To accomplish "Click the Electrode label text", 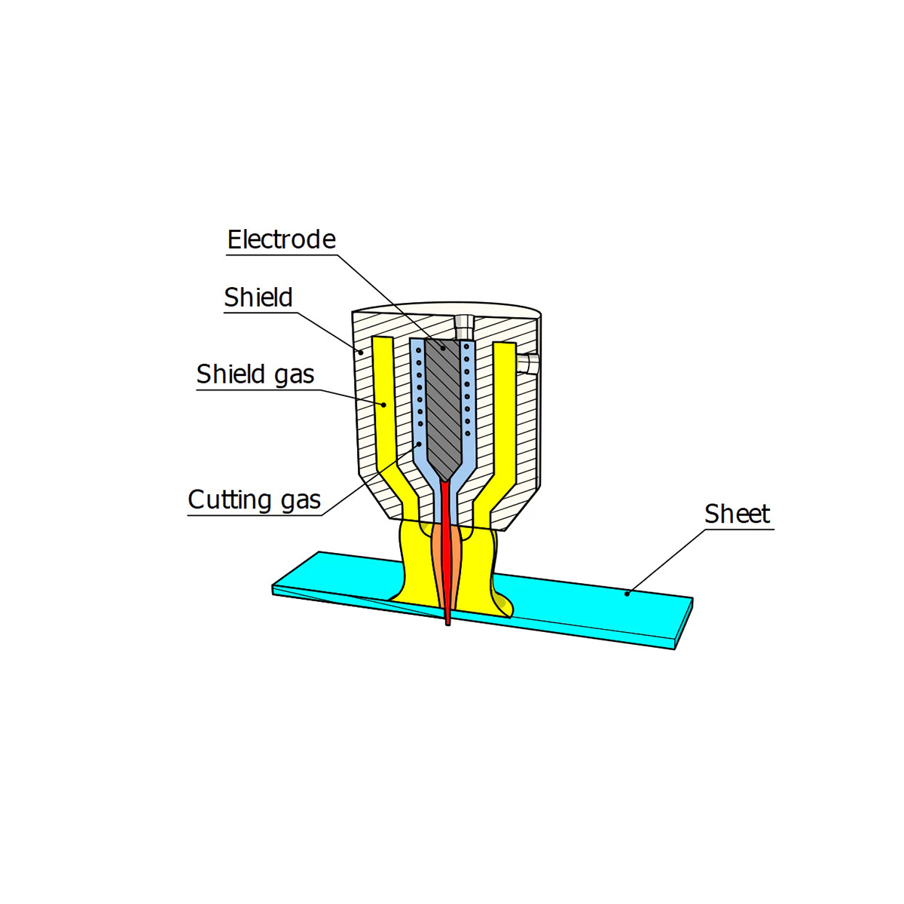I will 281,240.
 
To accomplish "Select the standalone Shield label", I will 258,298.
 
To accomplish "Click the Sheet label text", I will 737,514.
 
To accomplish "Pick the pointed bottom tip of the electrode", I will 444,479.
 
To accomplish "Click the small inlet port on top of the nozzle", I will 463,325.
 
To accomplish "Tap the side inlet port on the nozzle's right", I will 530,363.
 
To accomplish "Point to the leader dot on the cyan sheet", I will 627,594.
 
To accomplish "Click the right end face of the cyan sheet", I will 683,623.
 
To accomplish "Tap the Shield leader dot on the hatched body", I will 362,351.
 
